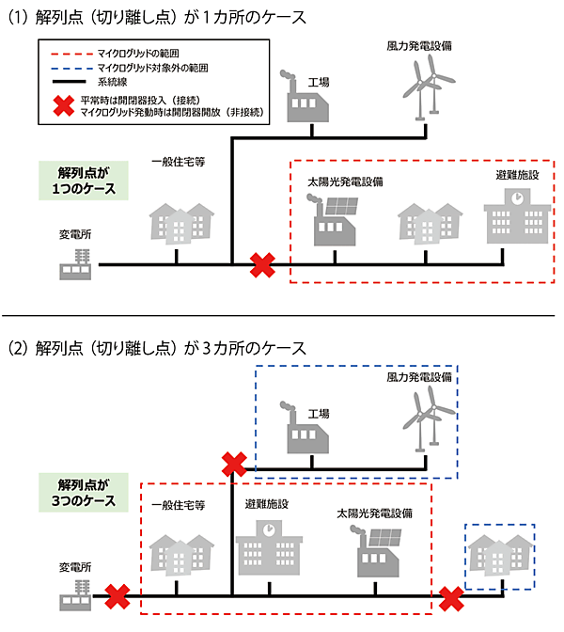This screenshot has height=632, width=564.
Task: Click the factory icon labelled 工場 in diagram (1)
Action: (x=303, y=93)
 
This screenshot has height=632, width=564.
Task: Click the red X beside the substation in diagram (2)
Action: (x=117, y=595)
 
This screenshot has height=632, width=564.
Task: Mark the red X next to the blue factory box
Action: (x=232, y=464)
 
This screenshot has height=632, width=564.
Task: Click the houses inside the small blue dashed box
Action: (x=500, y=555)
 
